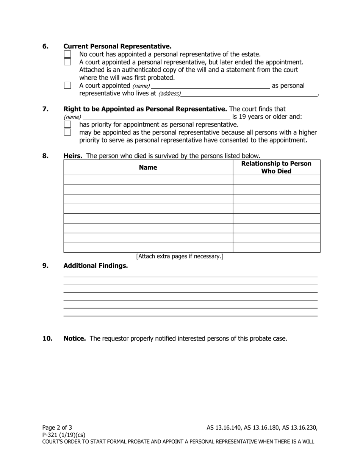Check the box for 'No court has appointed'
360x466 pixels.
click(67, 55)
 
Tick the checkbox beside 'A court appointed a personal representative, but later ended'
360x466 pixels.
click(67, 62)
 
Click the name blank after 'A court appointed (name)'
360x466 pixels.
click(210, 86)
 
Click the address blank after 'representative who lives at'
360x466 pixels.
click(249, 93)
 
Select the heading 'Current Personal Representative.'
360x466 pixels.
click(117, 46)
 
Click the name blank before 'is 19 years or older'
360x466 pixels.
click(156, 117)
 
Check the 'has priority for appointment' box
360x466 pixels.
click(67, 124)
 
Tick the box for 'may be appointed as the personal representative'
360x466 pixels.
click(67, 132)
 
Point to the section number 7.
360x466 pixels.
click(45, 109)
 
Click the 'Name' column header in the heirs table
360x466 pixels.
click(148, 167)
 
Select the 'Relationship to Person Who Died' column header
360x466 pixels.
click(276, 167)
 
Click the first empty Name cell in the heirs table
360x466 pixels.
click(148, 180)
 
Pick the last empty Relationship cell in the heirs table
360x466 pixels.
click(276, 248)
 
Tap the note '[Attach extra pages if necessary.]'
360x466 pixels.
click(180, 256)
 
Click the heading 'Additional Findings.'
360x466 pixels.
click(95, 266)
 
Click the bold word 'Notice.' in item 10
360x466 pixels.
click(75, 338)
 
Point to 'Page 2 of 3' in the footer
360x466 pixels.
click(57, 428)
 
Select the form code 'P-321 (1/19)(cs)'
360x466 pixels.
click(64, 435)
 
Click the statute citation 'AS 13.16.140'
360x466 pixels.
click(224, 428)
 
